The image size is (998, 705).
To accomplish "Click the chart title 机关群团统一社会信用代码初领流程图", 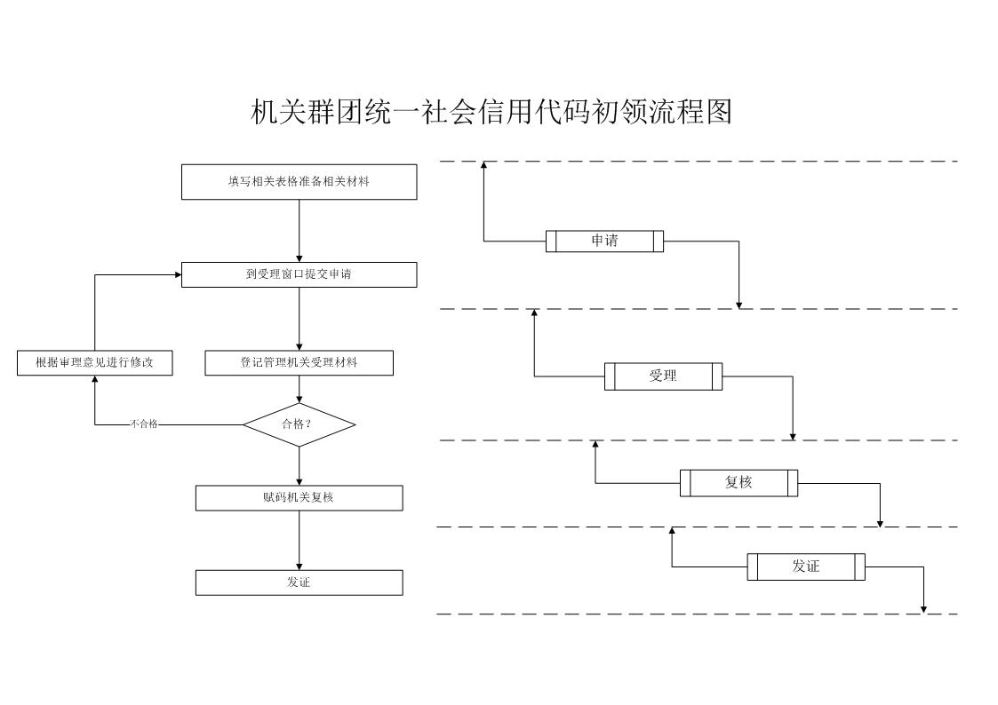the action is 491,112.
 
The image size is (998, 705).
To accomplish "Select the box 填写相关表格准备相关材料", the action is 299,182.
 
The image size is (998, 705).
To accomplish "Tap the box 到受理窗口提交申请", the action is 299,274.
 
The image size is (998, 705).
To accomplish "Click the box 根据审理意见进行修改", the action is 95,363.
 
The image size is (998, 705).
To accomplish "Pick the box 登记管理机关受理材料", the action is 299,363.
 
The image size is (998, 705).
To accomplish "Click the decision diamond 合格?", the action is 299,424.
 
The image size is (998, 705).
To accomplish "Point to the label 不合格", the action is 144,424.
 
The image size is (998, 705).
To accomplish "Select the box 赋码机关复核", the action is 299,498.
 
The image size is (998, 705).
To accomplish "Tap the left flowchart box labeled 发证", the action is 299,583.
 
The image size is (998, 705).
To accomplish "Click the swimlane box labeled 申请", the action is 604,241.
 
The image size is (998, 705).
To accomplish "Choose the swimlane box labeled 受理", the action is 663,376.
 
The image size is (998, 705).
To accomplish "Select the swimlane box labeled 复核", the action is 739,483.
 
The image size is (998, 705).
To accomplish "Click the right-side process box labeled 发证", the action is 806,567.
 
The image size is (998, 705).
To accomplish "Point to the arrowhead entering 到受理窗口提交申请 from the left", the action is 178,274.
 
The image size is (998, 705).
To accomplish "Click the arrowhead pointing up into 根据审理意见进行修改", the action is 95,379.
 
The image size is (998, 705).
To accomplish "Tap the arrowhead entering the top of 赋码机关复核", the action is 299,482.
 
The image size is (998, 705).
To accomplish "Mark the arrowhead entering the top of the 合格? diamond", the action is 299,399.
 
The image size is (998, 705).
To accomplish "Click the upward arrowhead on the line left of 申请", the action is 483,165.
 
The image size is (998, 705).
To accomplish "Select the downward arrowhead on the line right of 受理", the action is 793,436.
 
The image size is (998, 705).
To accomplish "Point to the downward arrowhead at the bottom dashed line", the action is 923,610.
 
